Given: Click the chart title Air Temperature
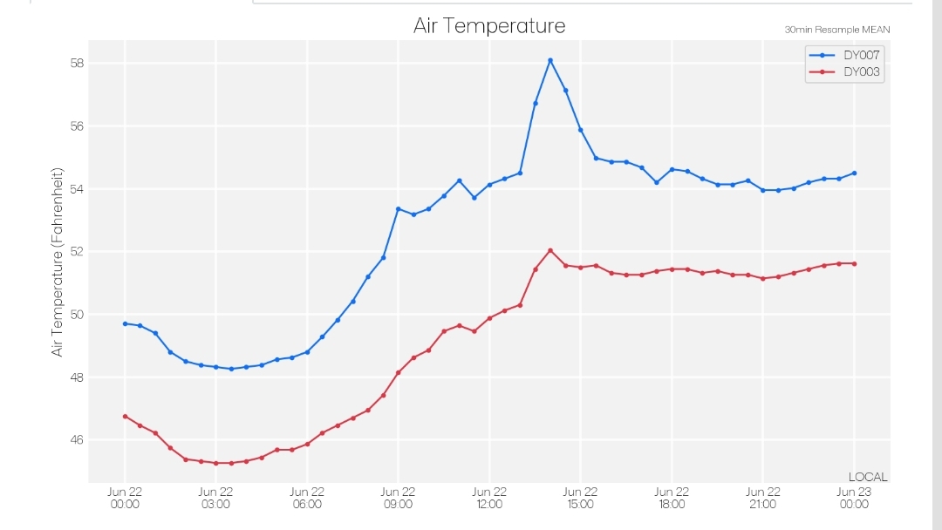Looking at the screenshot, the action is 489,26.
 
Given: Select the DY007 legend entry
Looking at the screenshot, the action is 844,55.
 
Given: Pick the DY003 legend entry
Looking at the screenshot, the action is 844,72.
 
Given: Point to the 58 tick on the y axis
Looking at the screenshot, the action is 77,63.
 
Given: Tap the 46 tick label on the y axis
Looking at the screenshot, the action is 77,440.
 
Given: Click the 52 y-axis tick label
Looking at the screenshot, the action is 77,252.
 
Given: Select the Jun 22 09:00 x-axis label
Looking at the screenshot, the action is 398,499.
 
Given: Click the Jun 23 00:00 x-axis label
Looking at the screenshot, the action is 854,499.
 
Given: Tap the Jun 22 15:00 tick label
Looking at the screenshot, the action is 580,499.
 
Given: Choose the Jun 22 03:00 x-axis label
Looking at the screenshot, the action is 215,499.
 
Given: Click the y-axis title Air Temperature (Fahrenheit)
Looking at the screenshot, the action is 57,262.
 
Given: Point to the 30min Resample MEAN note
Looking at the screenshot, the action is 836,30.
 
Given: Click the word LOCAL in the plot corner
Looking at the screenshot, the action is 868,477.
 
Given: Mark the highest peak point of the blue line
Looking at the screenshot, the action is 550,61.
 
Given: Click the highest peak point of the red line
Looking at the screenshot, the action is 550,251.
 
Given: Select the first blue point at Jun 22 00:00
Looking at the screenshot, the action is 125,324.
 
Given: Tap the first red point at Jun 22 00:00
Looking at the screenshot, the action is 125,417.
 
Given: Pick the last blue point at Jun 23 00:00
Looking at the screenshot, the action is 854,173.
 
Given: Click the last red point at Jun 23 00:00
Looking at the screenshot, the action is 854,264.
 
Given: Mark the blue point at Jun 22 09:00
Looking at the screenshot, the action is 399,209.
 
